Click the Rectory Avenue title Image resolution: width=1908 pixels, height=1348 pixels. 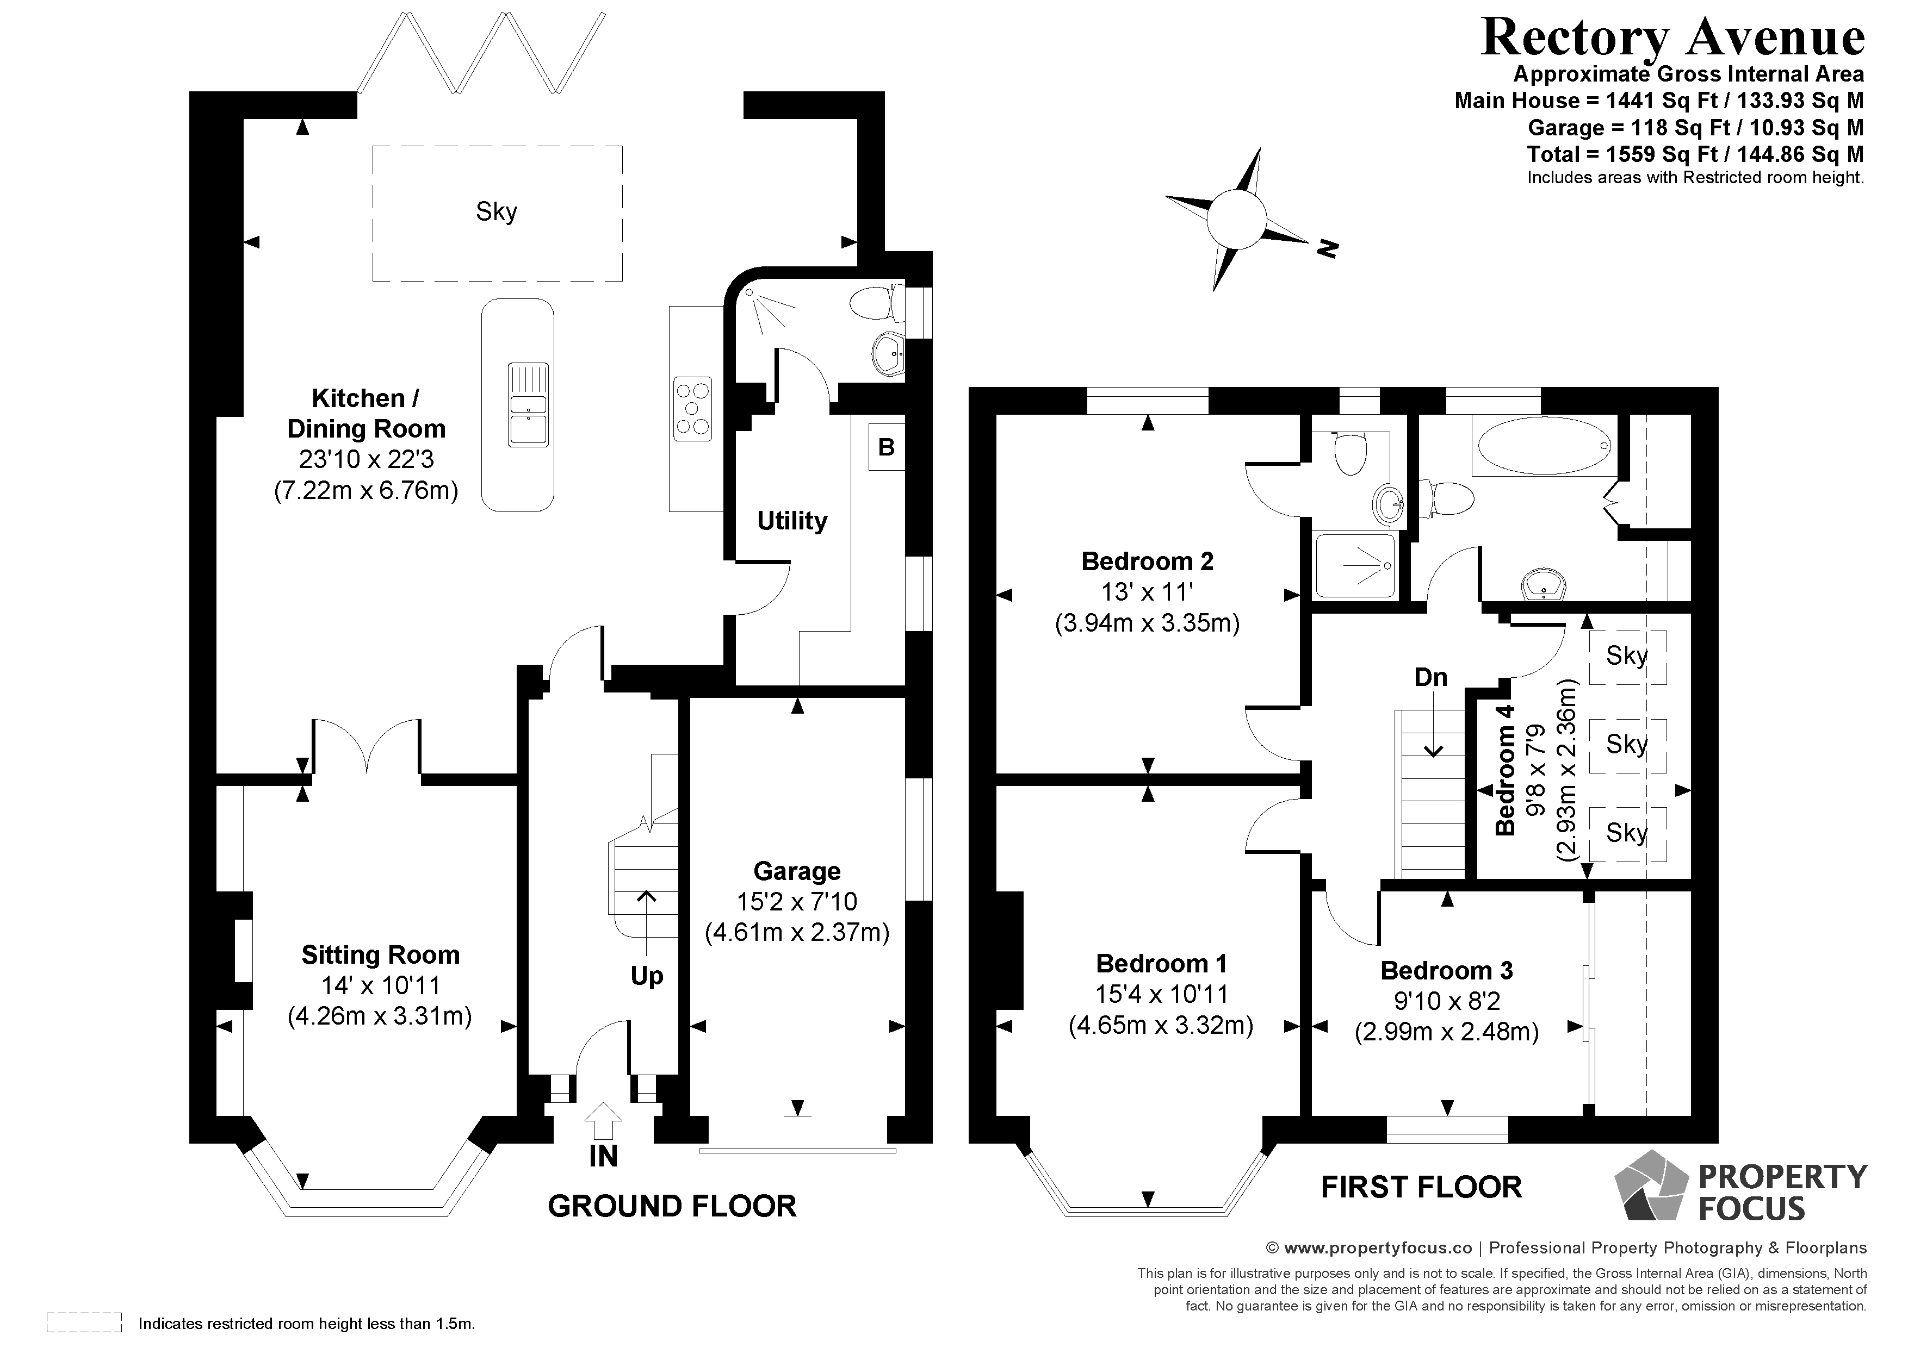click(x=1672, y=38)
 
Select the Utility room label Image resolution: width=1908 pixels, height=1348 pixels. click(x=792, y=521)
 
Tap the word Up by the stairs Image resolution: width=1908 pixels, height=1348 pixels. click(x=647, y=976)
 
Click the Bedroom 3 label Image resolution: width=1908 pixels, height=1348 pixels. click(x=1447, y=970)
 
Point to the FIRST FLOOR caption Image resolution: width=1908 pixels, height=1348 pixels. click(x=1421, y=1188)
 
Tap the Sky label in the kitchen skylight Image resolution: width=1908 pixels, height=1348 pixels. click(x=496, y=212)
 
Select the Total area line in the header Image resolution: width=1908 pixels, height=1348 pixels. click(x=1695, y=154)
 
